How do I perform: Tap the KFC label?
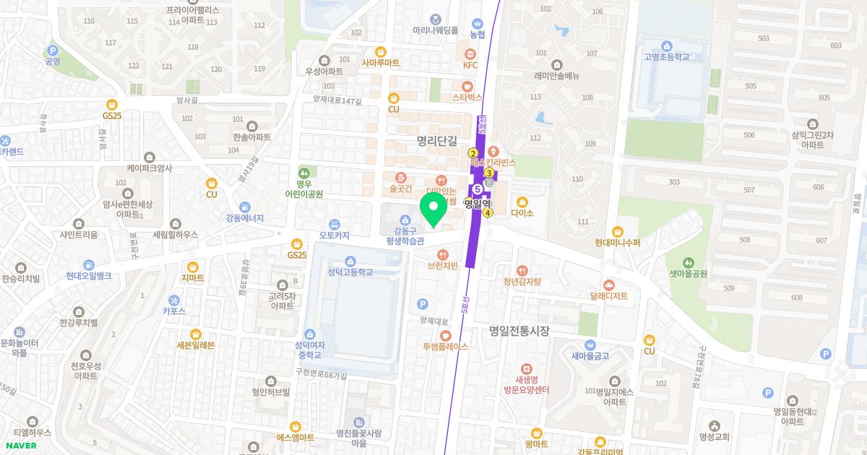point(470,65)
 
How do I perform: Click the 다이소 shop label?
point(522,213)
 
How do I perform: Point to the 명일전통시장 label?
point(519,331)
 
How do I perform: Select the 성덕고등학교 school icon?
point(350,261)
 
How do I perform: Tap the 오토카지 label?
point(334,235)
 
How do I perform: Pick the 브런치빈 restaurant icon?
point(443,254)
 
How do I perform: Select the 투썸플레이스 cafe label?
point(446,347)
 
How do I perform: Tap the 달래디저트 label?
point(608,296)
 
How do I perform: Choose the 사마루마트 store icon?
point(380,52)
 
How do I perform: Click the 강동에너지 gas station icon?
point(245,207)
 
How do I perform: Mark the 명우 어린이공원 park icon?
point(303,173)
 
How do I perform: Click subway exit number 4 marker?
point(488,212)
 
